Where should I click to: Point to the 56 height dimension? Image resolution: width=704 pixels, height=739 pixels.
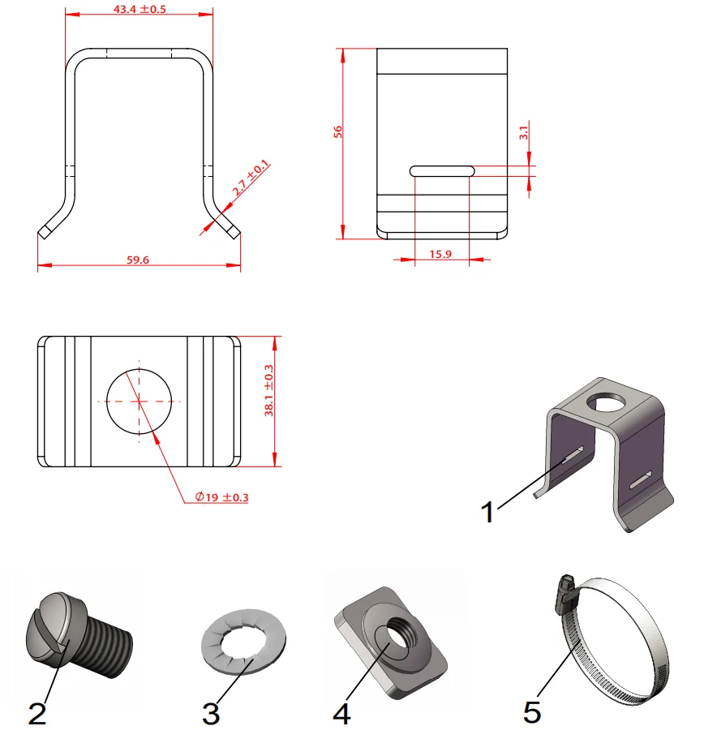click(x=338, y=133)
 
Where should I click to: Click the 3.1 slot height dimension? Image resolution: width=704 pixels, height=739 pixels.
click(x=523, y=131)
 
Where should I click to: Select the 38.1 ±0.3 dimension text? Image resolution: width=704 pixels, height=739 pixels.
click(x=270, y=389)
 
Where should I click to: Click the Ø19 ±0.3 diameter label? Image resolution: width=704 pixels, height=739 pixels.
click(x=221, y=497)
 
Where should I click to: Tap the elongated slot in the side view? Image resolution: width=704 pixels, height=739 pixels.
click(x=442, y=170)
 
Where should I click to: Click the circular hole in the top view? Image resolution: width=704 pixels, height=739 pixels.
click(x=140, y=401)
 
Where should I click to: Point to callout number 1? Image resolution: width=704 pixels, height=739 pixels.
click(x=487, y=512)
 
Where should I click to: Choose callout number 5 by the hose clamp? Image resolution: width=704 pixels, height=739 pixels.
click(x=532, y=712)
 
